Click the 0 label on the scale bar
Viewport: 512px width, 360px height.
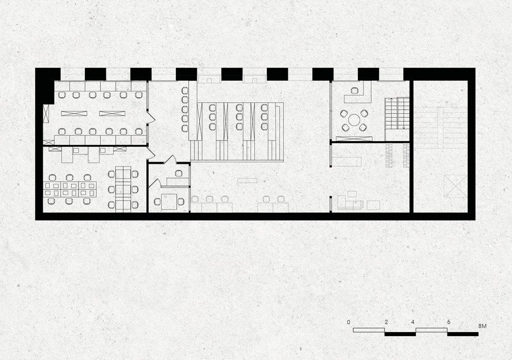coord(349,322)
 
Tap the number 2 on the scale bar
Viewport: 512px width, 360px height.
coord(386,322)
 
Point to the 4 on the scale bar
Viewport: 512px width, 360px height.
coord(413,322)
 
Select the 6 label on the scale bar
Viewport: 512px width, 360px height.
coord(449,322)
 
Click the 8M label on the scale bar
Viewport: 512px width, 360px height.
coord(482,326)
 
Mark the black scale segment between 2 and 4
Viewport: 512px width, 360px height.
coord(400,334)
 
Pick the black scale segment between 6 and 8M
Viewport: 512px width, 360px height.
coord(463,334)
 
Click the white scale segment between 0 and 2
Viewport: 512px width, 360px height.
coord(369,330)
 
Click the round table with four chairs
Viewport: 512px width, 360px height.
coord(354,120)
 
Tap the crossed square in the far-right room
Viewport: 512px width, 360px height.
coord(456,186)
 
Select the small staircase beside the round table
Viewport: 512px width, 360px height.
coord(397,114)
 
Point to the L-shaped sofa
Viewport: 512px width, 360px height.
coord(350,203)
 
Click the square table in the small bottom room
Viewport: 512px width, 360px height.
coord(169,202)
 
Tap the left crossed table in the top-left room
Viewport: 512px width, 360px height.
coord(74,114)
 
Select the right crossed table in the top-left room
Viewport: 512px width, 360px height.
coord(112,114)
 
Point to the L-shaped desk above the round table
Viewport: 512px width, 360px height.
coord(359,94)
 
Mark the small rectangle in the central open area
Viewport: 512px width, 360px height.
coord(247,180)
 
